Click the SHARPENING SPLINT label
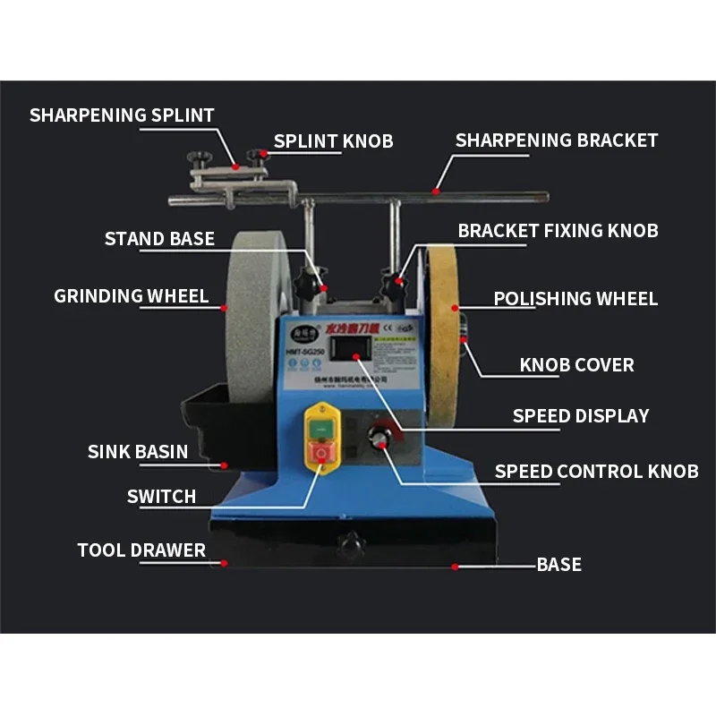click(122, 115)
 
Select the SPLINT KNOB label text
click(333, 141)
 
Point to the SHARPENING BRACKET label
click(556, 141)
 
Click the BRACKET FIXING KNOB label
click(558, 231)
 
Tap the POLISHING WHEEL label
click(575, 299)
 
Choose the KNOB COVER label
click(576, 365)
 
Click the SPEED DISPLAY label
click(581, 416)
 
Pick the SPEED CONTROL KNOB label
click(596, 472)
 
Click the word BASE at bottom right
click(559, 565)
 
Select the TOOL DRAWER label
click(141, 550)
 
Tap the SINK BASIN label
click(138, 452)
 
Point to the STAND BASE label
click(159, 239)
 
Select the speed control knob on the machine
click(379, 439)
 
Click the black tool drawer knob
click(350, 544)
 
